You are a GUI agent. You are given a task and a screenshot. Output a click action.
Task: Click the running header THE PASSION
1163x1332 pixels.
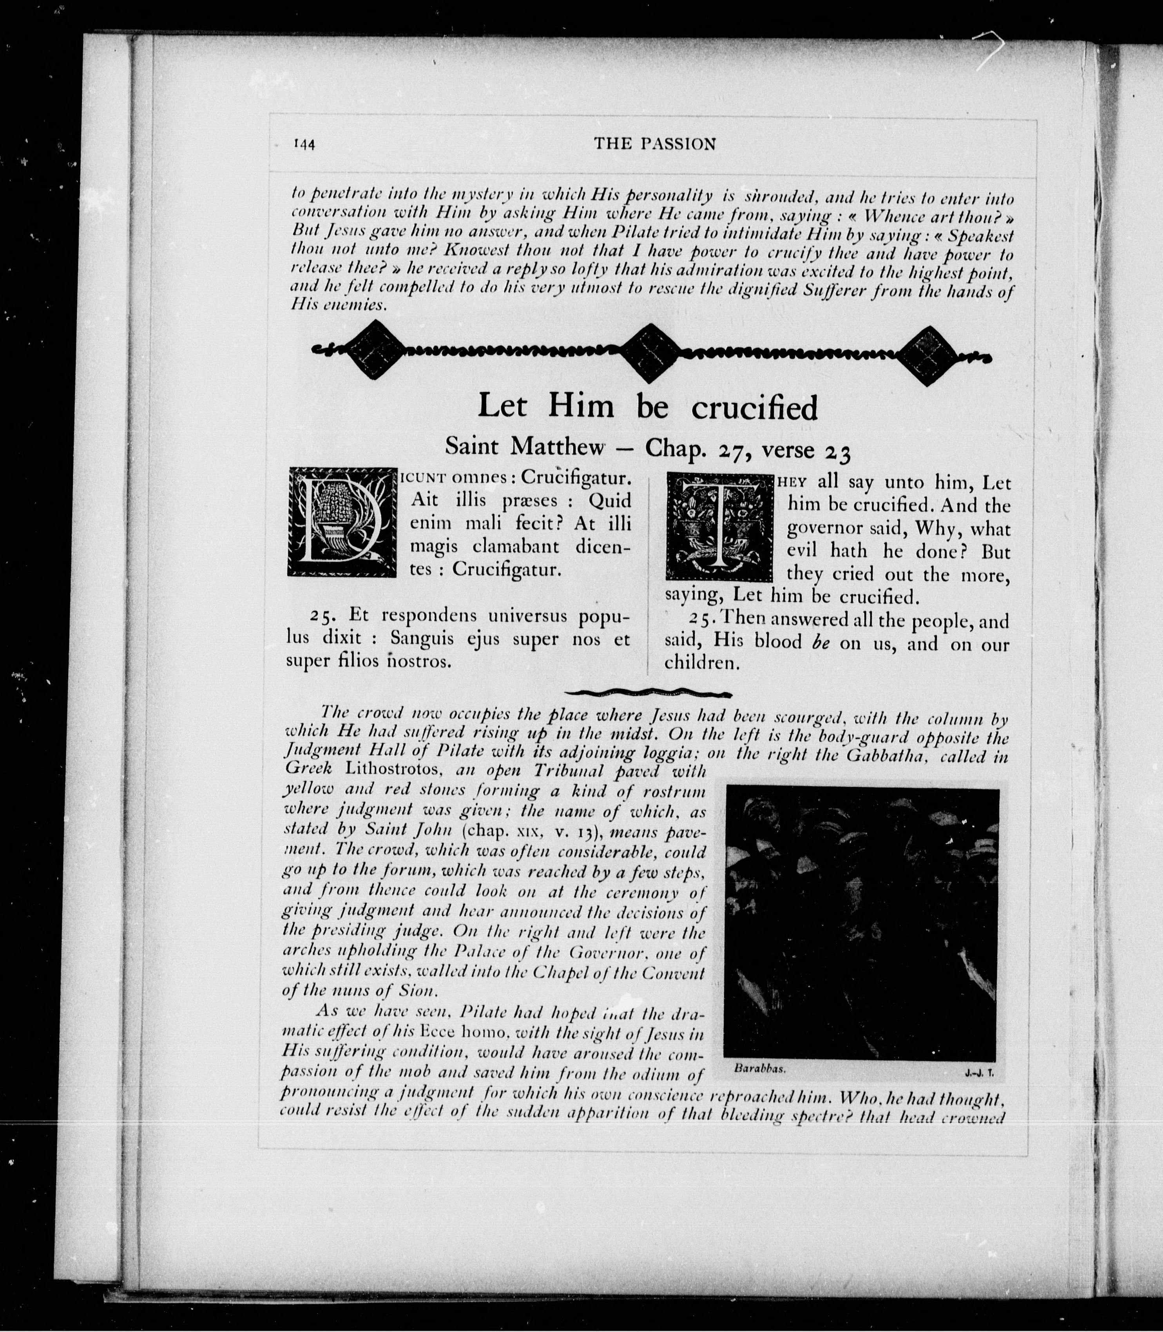[x=654, y=144]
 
